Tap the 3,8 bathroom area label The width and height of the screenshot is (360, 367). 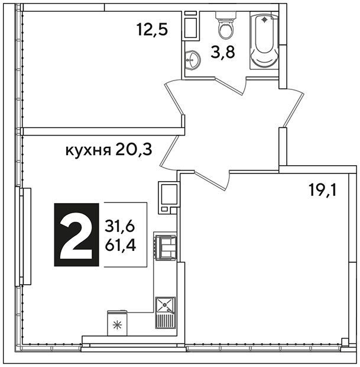tap(222, 52)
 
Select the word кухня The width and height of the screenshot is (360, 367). tap(88, 150)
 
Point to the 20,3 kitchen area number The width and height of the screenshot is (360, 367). tap(134, 150)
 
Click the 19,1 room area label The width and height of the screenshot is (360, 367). tap(323, 189)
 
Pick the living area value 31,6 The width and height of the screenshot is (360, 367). tap(120, 227)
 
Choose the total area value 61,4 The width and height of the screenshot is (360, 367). tap(121, 246)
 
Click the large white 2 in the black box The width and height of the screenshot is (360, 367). tap(76, 236)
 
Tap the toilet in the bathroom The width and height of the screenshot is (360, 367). tap(226, 25)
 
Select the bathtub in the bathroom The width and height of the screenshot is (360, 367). tap(264, 41)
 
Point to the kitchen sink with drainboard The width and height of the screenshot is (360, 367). tap(166, 313)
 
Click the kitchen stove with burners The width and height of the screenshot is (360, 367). tap(165, 247)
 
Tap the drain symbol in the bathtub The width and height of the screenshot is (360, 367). tap(264, 20)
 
